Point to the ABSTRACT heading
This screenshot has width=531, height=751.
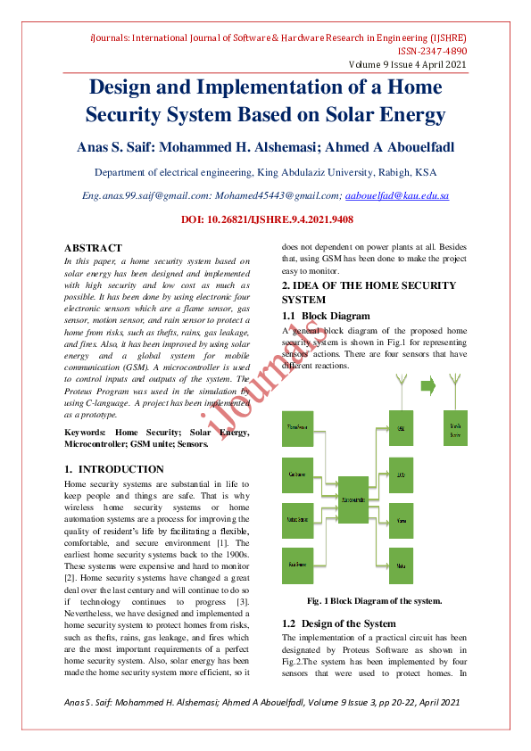coord(93,248)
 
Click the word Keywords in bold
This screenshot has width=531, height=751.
coord(85,433)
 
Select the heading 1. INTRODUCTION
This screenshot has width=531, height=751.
coord(114,469)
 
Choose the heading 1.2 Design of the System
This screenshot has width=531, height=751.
coord(338,623)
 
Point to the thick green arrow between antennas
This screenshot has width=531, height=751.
coord(427,386)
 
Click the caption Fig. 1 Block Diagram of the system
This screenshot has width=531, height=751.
coord(374,600)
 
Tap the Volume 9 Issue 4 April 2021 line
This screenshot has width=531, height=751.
coord(407,65)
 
